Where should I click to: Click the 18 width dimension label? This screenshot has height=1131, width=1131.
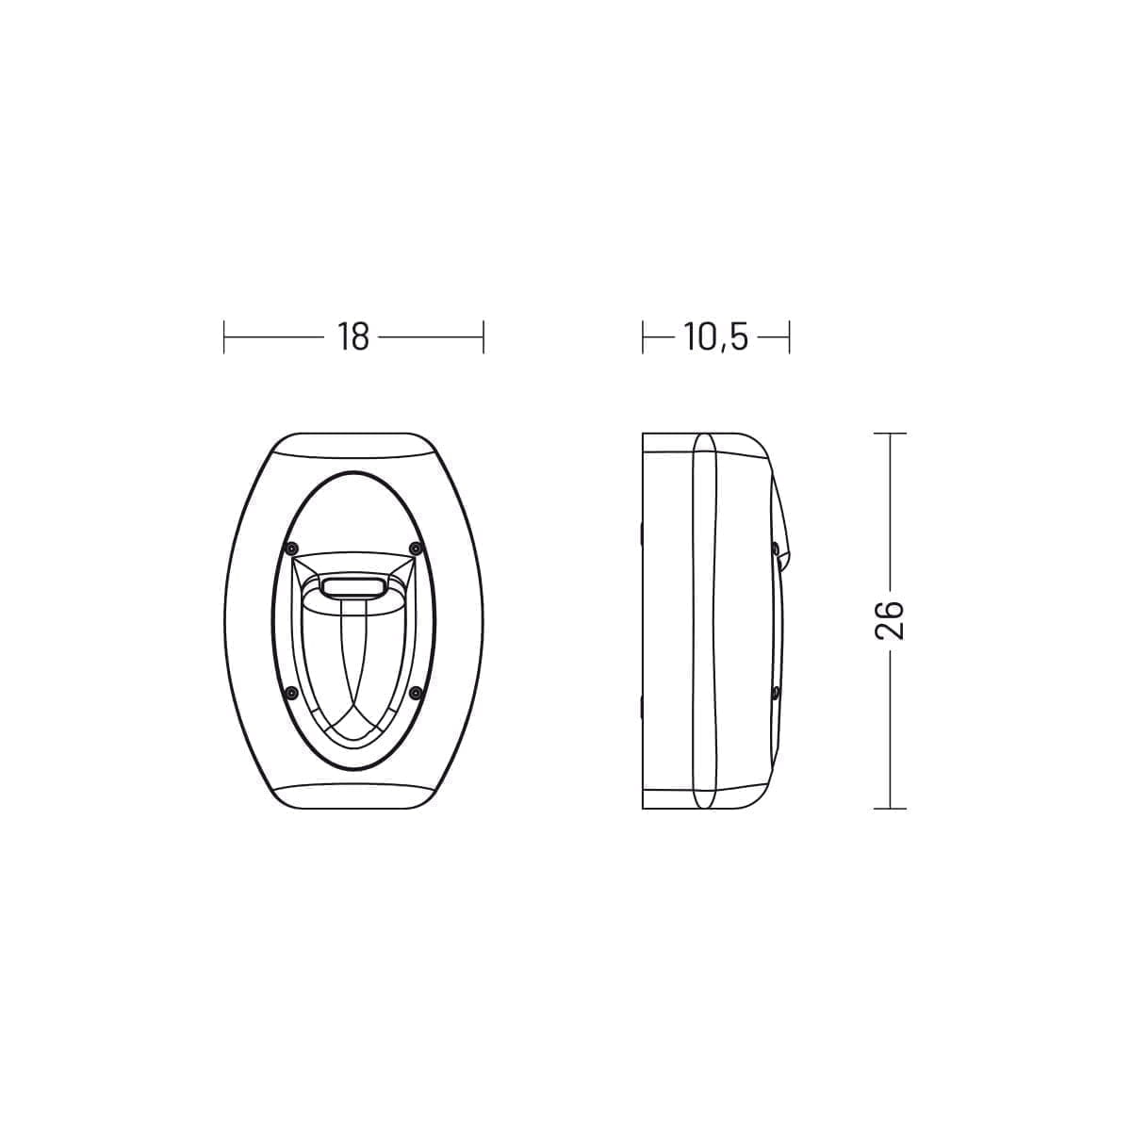pos(352,336)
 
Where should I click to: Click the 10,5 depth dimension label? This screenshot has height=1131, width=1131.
pos(715,337)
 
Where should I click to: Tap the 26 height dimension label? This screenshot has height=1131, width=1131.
pos(890,620)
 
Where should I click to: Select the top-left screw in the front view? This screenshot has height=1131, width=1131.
pos(288,549)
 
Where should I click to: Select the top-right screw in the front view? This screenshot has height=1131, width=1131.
pos(416,549)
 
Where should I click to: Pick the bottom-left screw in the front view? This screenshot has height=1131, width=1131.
pos(288,693)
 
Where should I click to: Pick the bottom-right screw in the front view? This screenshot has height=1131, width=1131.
pos(416,693)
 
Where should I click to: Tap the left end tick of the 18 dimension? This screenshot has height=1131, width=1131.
pos(223,336)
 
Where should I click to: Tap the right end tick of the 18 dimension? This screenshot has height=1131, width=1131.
pos(484,336)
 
